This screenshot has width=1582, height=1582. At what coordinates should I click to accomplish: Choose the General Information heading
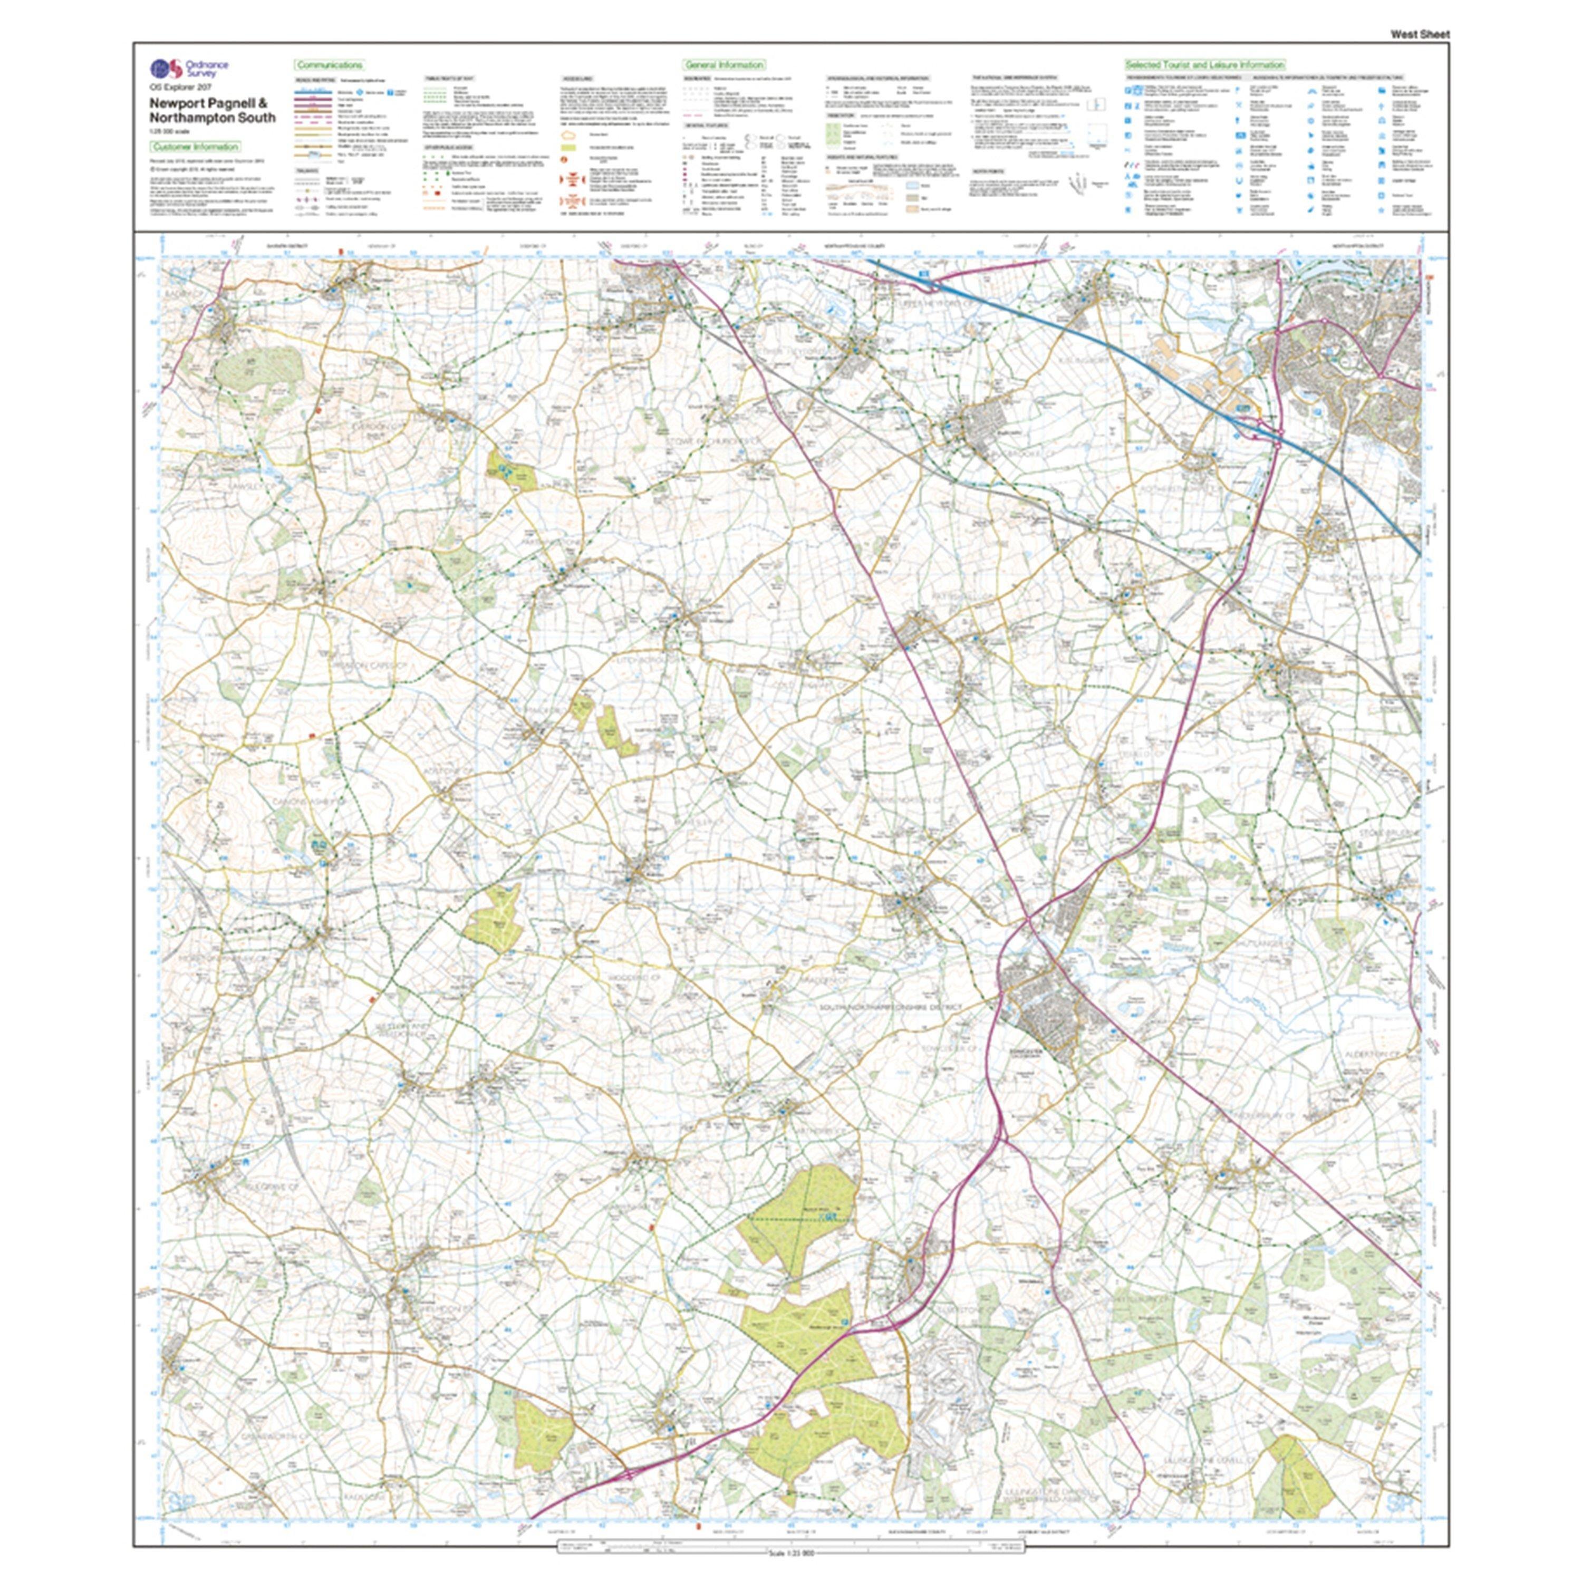[x=724, y=65]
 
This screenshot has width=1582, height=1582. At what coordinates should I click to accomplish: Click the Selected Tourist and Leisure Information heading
[x=1204, y=65]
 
